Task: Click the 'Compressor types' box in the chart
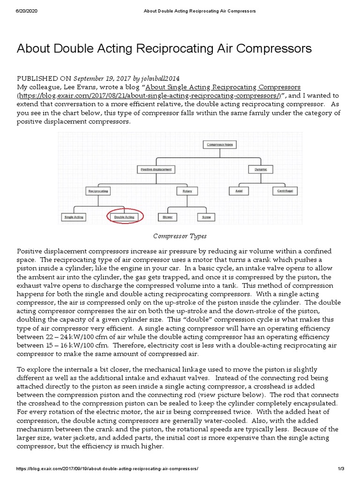point(220,145)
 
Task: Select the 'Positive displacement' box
point(156,169)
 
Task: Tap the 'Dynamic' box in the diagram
point(261,169)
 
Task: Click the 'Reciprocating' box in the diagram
point(98,191)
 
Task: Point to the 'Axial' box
point(239,191)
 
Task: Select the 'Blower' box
point(167,217)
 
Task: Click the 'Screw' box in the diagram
point(206,217)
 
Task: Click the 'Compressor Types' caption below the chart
point(180,236)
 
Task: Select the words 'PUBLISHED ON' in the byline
point(44,78)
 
